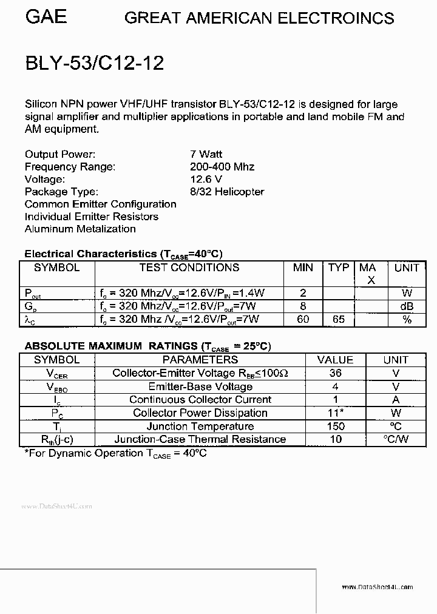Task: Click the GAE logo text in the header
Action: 46,16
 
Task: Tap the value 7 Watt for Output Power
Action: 206,155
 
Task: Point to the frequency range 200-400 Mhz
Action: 222,167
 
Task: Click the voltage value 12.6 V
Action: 206,179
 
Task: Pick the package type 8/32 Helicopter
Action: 227,192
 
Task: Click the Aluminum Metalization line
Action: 80,229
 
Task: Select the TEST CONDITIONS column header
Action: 189,268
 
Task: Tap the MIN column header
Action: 303,268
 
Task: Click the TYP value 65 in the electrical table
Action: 339,319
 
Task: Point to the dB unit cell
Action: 407,306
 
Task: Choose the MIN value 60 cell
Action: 303,319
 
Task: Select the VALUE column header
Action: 335,360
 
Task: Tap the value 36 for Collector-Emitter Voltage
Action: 335,373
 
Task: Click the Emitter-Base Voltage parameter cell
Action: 200,386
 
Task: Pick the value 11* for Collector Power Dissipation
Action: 336,413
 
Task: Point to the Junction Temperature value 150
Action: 335,427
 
